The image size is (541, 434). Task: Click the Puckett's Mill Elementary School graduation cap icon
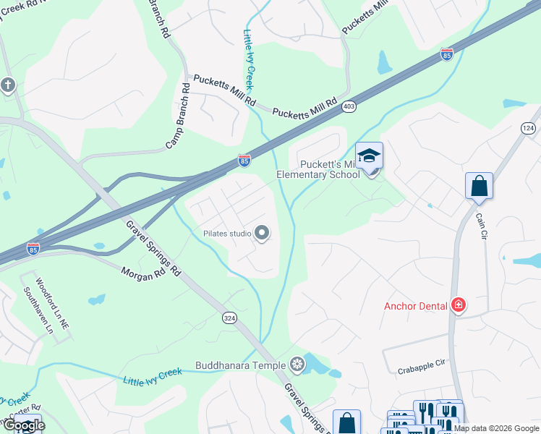[370, 157]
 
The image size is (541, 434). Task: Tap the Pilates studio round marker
[263, 233]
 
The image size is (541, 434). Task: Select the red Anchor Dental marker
[457, 305]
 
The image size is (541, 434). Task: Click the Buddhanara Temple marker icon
[297, 364]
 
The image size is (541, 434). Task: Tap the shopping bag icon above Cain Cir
[479, 187]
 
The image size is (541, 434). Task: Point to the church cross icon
[8, 85]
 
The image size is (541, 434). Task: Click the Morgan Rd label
[144, 274]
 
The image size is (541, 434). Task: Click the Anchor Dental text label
[415, 306]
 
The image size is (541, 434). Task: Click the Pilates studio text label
[226, 234]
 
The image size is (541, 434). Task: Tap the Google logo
[23, 425]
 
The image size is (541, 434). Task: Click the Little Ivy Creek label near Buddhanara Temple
[152, 377]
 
